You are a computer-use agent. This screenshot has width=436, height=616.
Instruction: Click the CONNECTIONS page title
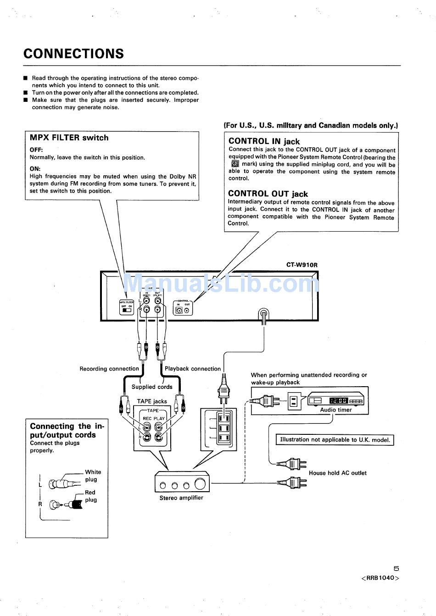[73, 54]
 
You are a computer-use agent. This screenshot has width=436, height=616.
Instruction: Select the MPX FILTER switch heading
[69, 138]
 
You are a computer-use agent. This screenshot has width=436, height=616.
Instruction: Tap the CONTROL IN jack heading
[264, 141]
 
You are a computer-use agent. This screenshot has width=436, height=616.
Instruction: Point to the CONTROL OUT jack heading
[268, 194]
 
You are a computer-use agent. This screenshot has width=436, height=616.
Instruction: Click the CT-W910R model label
[302, 265]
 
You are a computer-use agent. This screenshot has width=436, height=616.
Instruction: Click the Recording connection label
[109, 369]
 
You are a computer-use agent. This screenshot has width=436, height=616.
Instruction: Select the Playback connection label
[193, 369]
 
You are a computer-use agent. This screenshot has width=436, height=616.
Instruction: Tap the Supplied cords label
[152, 387]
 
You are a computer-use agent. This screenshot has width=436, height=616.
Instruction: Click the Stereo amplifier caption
[181, 498]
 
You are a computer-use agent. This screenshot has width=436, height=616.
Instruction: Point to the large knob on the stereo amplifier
[200, 484]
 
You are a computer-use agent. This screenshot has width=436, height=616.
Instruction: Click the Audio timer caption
[336, 410]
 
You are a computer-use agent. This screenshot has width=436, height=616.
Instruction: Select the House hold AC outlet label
[337, 473]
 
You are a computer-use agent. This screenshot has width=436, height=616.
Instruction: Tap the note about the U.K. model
[335, 440]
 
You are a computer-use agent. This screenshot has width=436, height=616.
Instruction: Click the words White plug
[92, 476]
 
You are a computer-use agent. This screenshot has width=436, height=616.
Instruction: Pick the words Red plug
[90, 496]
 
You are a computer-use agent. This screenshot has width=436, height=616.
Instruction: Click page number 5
[396, 568]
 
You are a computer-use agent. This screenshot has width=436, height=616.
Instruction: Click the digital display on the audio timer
[339, 400]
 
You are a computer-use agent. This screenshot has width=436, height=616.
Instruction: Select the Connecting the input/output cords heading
[67, 430]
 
